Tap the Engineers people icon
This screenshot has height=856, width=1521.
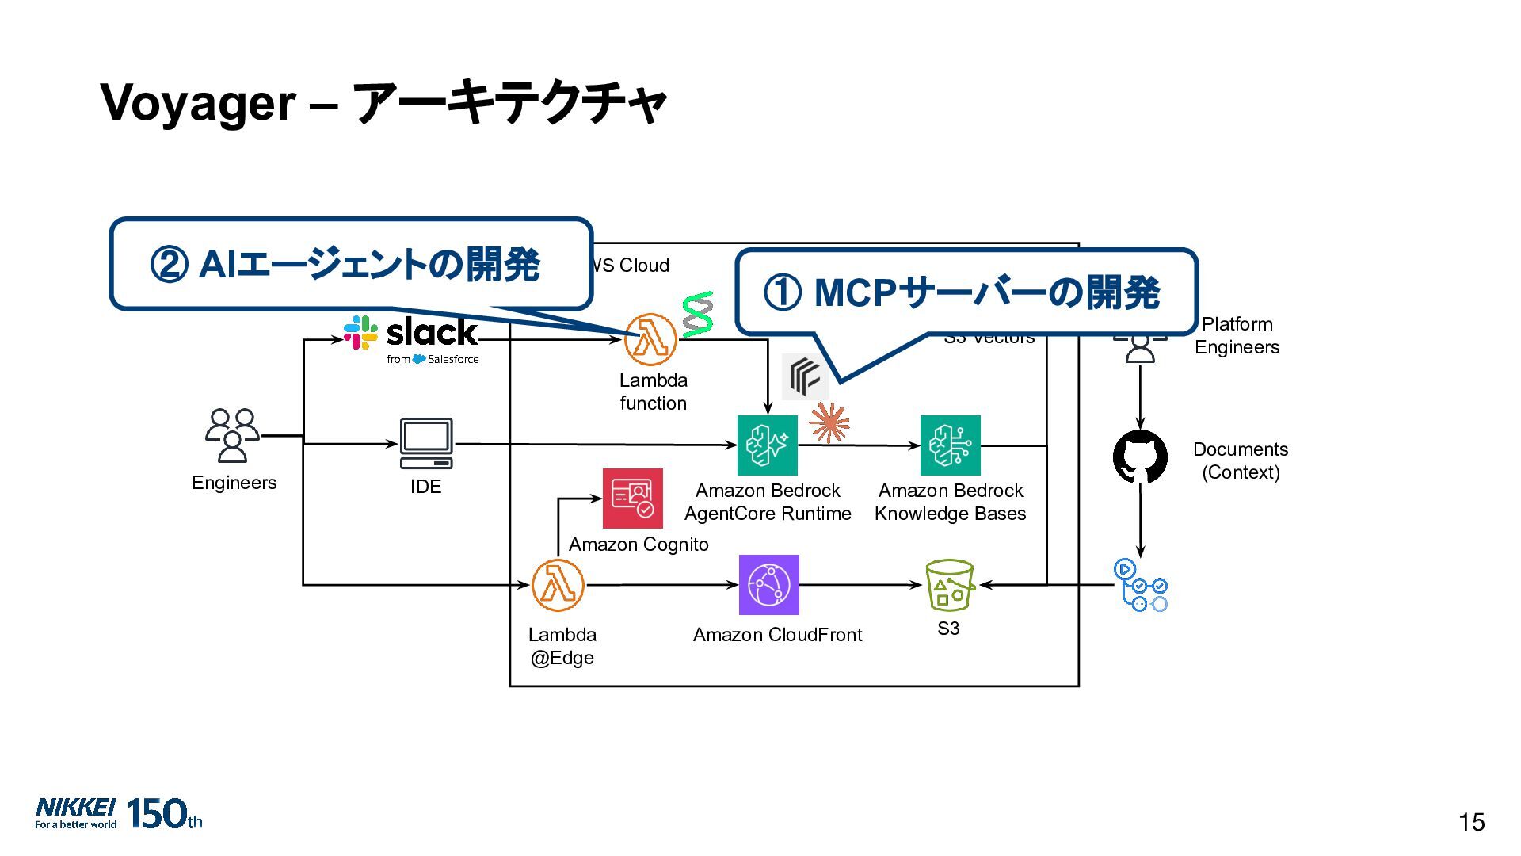(232, 435)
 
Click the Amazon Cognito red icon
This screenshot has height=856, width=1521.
(632, 499)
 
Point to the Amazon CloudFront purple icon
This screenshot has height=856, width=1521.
(768, 585)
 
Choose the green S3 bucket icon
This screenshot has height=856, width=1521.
(949, 585)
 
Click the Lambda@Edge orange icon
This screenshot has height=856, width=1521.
(558, 585)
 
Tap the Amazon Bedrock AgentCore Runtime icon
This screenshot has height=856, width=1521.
(767, 445)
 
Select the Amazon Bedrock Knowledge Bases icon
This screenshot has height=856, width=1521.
(950, 445)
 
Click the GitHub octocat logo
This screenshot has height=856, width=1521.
(1140, 457)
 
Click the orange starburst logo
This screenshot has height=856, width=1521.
(829, 422)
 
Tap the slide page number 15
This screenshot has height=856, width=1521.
(1471, 823)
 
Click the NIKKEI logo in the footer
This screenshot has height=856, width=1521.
(76, 812)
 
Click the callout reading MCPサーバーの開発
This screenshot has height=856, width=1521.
(966, 292)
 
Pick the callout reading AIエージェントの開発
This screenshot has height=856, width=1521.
(350, 264)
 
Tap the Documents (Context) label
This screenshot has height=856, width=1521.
(1240, 460)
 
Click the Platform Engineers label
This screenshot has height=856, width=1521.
(1237, 335)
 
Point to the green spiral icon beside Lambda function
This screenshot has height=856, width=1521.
(698, 314)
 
